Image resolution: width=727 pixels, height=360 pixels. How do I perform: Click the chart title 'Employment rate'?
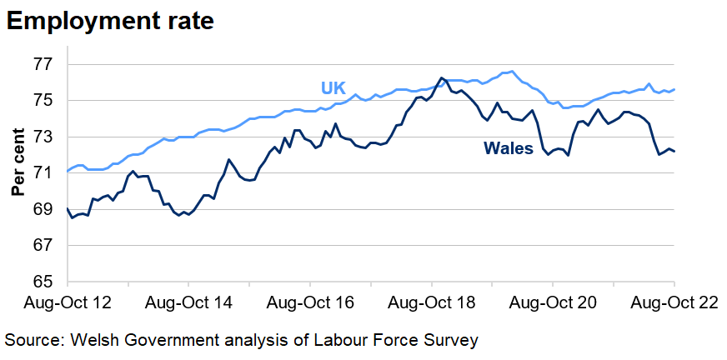click(110, 22)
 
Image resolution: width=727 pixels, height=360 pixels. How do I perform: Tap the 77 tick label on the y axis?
click(43, 64)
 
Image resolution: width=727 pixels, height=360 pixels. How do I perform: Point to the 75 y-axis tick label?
click(43, 101)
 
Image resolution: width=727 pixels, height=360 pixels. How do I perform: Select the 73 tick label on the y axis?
click(43, 137)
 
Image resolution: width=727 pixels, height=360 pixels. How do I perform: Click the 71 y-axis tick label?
click(43, 173)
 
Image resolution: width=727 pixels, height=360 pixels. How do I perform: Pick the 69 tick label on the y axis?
click(43, 209)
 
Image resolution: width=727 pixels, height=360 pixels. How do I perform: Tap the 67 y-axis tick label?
click(43, 246)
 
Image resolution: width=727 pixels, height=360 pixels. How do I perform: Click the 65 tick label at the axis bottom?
click(43, 282)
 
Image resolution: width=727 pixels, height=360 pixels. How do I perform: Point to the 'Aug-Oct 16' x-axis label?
click(309, 302)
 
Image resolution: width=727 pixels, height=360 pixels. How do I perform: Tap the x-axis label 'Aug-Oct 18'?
click(433, 302)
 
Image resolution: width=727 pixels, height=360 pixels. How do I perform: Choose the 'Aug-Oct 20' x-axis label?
click(554, 302)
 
